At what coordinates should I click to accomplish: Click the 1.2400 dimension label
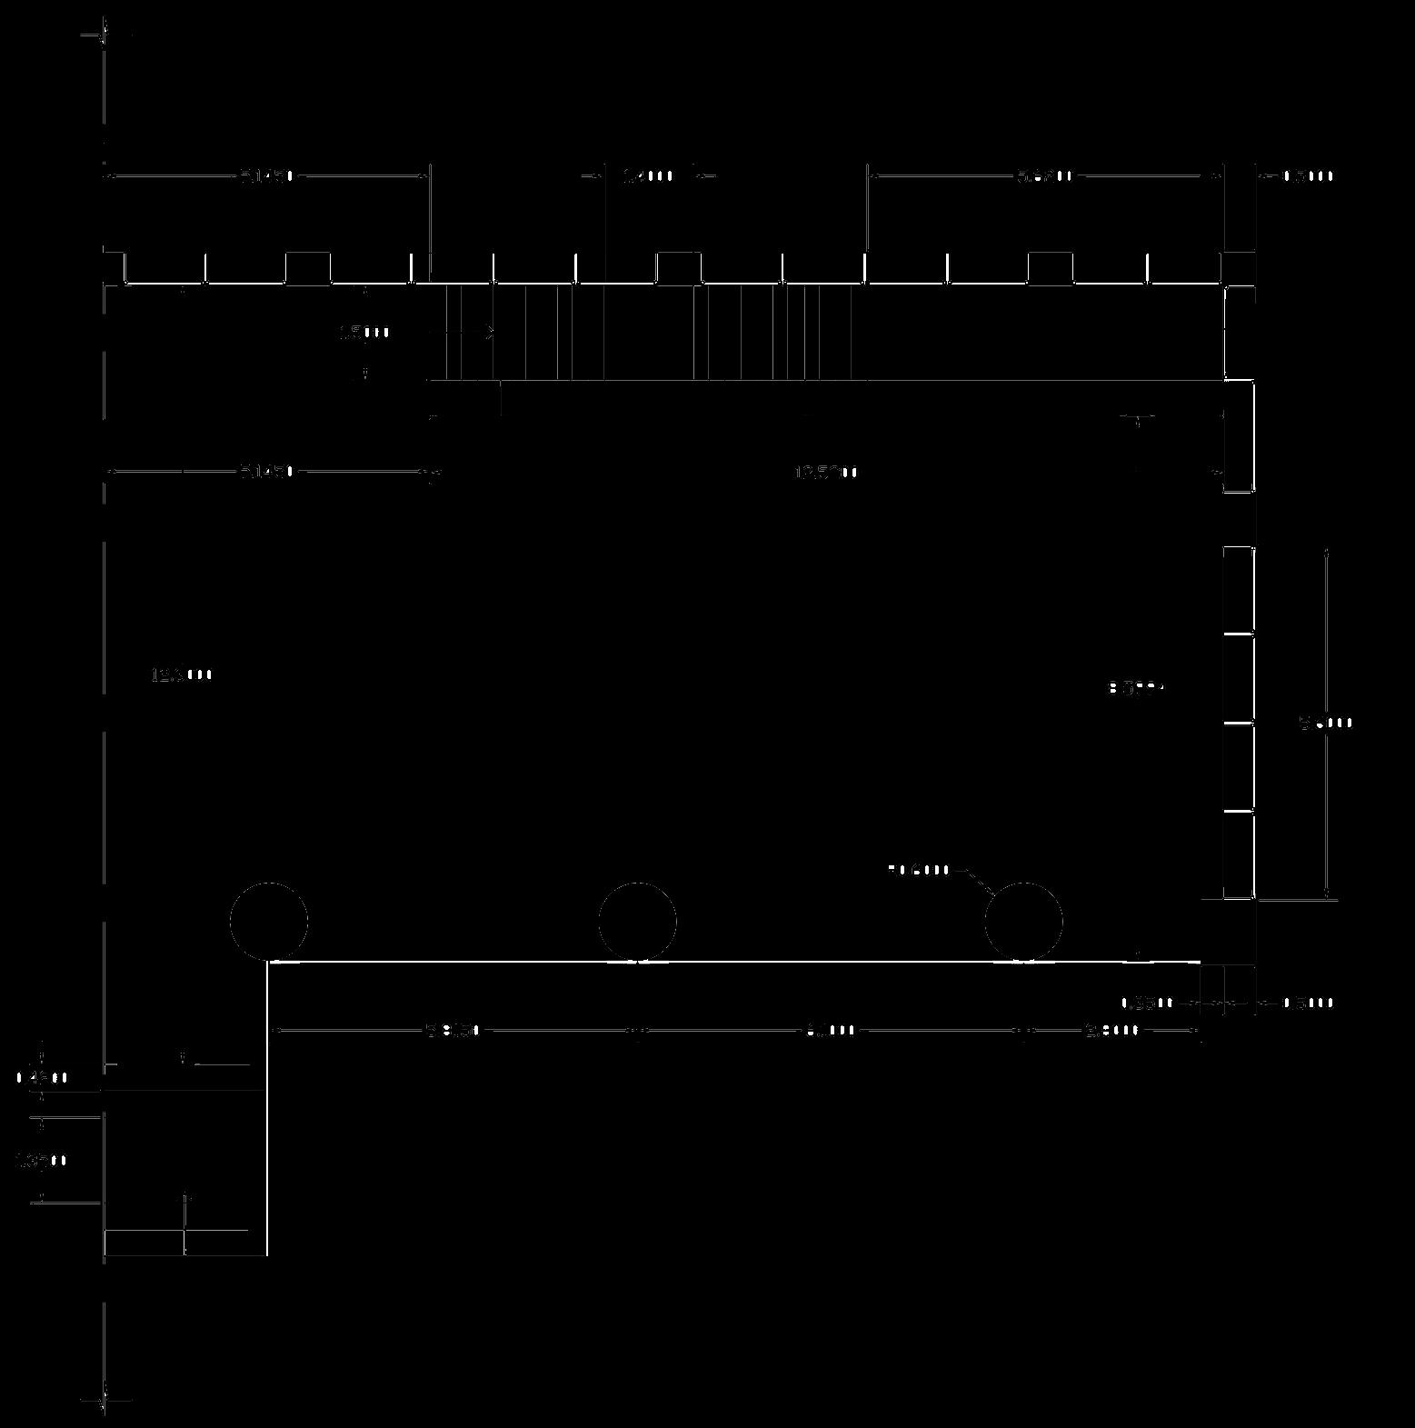coord(647,175)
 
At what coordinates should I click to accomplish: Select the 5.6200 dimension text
coord(1044,175)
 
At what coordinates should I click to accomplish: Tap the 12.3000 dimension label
coord(182,674)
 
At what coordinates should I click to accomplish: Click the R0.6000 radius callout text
coord(919,870)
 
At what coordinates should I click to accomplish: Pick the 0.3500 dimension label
coord(1147,1004)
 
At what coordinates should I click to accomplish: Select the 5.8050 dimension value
coord(453,1030)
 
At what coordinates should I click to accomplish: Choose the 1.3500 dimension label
coord(42,1161)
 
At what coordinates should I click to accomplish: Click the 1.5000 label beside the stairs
coord(364,333)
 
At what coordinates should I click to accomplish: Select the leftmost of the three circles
coord(268,921)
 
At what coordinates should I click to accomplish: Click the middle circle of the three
coord(637,921)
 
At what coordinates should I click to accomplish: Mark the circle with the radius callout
coord(1023,921)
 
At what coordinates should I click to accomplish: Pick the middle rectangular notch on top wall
coord(679,267)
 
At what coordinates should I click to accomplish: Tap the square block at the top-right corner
coord(1239,267)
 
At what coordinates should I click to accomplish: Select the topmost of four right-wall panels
coord(1239,590)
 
